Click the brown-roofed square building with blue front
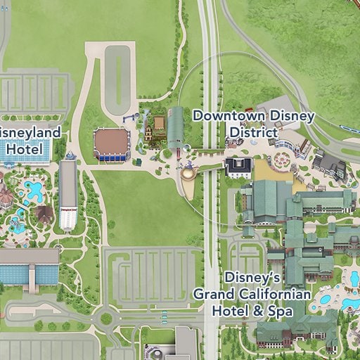pyautogui.click(x=112, y=144)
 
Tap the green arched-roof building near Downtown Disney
pyautogui.click(x=175, y=129)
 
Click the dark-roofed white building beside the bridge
pyautogui.click(x=238, y=167)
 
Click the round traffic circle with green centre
pyautogui.click(x=106, y=319)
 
